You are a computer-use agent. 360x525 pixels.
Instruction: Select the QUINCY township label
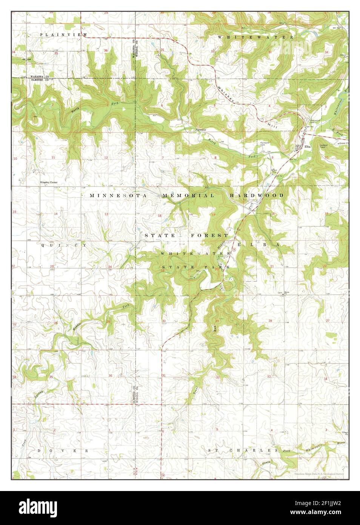point(64,245)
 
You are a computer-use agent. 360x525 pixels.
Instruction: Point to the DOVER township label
point(63,451)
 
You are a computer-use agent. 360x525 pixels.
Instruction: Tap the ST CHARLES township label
point(240,451)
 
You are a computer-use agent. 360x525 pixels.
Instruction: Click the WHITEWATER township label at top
point(255,37)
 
